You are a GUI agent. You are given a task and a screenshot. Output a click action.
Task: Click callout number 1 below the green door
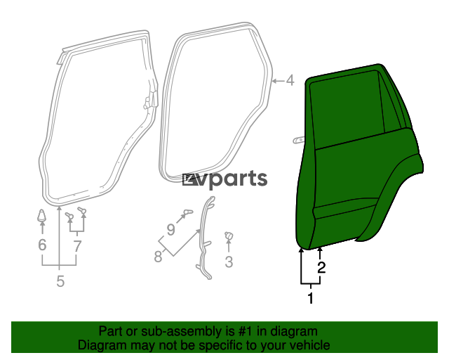click(311, 298)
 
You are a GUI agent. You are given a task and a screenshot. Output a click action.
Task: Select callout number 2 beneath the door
click(321, 268)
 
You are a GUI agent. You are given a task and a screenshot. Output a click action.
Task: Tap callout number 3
click(229, 262)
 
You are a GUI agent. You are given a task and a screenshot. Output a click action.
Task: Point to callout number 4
click(290, 80)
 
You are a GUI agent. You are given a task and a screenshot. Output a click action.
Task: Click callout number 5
click(60, 281)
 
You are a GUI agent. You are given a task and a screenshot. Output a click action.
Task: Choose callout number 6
click(42, 245)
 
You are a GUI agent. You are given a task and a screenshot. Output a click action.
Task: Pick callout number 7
click(77, 246)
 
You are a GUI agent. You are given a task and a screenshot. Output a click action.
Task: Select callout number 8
click(158, 257)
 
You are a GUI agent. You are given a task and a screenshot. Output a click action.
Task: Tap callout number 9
click(170, 230)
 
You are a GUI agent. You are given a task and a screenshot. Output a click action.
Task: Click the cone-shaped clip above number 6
click(42, 215)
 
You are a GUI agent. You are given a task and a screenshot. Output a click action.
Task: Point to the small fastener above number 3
click(229, 236)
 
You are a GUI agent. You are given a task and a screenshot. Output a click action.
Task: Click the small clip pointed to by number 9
click(188, 212)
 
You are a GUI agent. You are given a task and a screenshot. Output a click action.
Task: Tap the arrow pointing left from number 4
click(278, 82)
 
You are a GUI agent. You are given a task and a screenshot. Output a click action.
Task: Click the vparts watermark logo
click(224, 179)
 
